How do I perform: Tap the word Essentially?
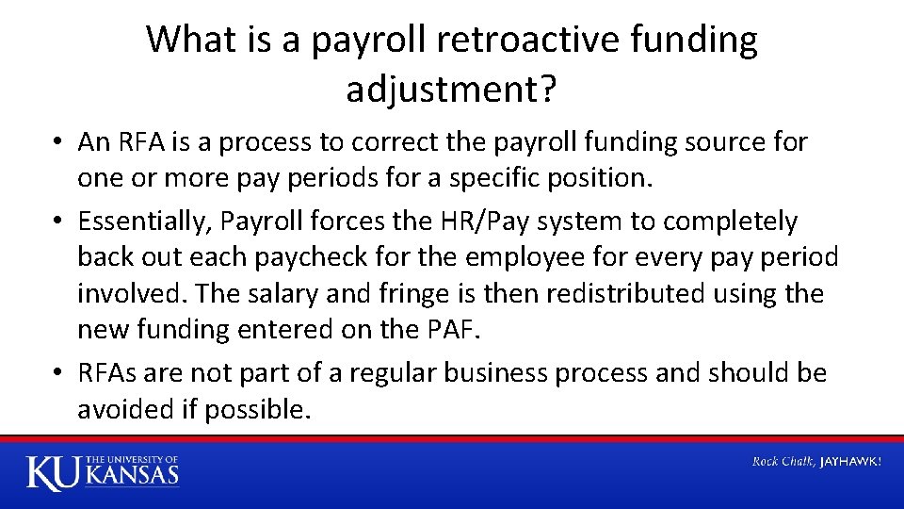tap(144, 222)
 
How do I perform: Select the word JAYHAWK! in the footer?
tap(851, 462)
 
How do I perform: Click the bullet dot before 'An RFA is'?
tap(58, 142)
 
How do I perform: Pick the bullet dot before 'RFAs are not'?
tap(58, 373)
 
